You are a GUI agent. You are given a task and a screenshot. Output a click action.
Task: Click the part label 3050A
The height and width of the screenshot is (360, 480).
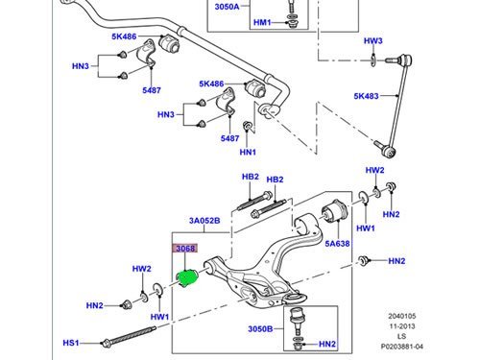click(227, 7)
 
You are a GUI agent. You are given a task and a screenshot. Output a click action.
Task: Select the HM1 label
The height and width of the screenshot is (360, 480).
click(262, 22)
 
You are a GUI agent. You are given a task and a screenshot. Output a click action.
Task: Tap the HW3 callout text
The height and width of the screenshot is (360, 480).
click(373, 41)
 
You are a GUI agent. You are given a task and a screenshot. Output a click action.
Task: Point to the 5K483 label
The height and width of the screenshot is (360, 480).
click(366, 96)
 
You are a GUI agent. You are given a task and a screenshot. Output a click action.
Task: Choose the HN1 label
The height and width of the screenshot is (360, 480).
click(248, 152)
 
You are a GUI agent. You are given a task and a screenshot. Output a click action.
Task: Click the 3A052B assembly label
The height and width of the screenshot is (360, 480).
click(204, 221)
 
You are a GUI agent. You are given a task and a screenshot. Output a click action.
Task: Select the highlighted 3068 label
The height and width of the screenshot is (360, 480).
click(185, 249)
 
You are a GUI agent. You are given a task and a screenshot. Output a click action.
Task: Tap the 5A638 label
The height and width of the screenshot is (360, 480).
click(337, 244)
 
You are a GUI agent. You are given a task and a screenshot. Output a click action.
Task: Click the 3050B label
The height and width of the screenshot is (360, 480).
click(260, 329)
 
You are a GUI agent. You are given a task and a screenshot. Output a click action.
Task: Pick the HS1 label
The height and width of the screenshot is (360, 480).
click(71, 343)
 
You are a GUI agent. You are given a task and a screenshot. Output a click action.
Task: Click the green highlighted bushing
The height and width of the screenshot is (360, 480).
click(188, 278)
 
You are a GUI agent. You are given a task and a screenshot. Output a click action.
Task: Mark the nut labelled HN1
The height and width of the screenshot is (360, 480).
click(247, 126)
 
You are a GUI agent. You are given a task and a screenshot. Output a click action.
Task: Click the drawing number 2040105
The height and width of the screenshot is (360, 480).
click(402, 316)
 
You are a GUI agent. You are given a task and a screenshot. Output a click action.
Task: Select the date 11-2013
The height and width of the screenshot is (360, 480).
click(402, 326)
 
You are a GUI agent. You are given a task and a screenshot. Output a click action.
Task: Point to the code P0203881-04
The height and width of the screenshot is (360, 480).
click(402, 347)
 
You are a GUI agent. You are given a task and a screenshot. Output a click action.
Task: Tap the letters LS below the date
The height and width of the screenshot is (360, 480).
click(401, 336)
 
